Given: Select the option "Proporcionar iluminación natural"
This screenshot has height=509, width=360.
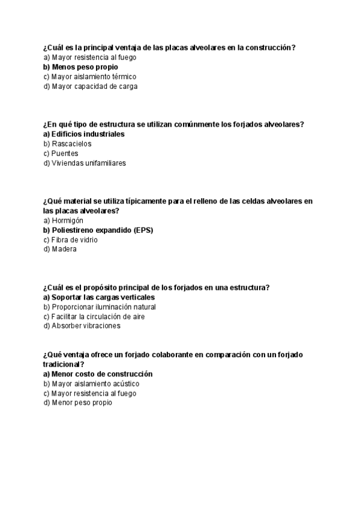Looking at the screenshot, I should (100, 307).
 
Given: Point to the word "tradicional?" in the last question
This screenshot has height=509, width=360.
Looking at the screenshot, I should (64, 364).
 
